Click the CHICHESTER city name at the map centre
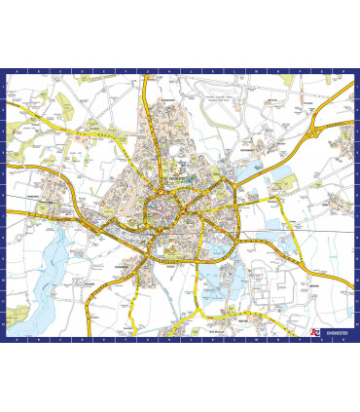coord(176,178)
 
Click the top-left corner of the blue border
coord(3,70)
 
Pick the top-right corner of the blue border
coord(357,70)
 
